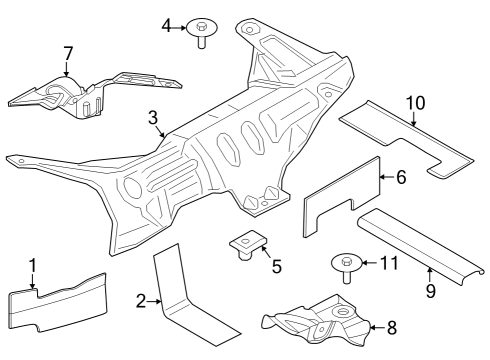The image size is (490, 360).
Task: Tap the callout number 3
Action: tap(153, 119)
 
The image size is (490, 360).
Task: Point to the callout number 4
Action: tap(167, 25)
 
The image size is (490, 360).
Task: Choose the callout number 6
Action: tap(400, 178)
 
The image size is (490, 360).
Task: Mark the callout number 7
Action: tap(67, 52)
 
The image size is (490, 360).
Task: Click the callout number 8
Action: tap(391, 326)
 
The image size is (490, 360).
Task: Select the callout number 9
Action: tap(429, 292)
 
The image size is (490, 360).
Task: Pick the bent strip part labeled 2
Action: tap(190, 300)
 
